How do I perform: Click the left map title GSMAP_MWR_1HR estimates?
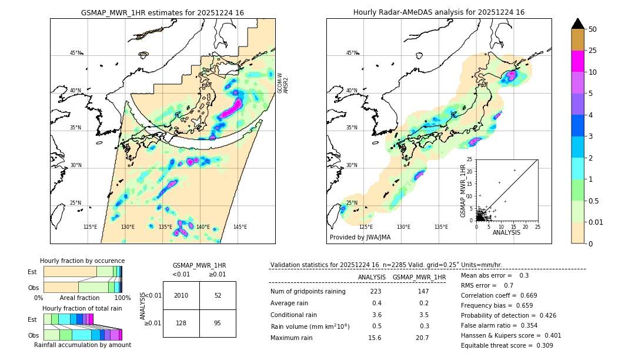tap(162, 12)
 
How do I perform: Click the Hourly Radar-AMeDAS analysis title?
tap(439, 12)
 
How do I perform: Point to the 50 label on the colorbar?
tap(593, 29)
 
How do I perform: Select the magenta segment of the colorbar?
tap(577, 61)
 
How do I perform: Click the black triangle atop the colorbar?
tap(577, 24)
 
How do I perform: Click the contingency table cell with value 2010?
tap(181, 295)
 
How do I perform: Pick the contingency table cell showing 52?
tap(218, 295)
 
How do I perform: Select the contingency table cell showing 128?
tap(181, 323)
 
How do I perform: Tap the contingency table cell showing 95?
tap(218, 323)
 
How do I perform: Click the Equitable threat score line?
tap(507, 345)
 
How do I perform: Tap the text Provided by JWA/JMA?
tap(360, 237)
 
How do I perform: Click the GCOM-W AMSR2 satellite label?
tap(283, 83)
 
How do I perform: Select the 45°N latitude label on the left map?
tap(75, 53)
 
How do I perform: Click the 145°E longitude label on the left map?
tap(240, 227)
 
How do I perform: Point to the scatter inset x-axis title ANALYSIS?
tap(506, 232)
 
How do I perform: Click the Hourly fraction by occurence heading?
tap(82, 261)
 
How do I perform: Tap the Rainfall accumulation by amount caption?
tap(82, 345)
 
